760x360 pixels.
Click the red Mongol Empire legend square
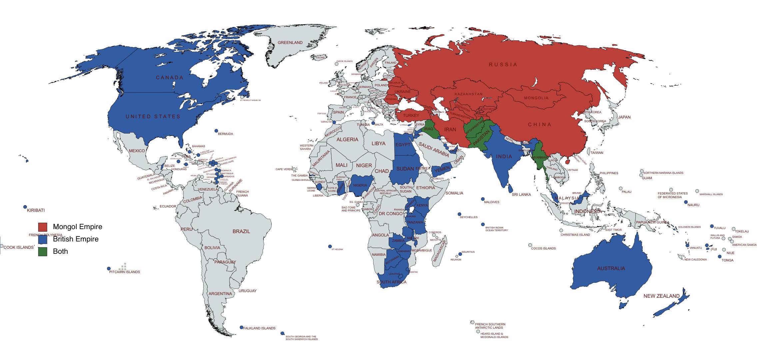[x=43, y=227]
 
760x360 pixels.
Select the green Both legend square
[x=43, y=251]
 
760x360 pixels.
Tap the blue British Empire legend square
[x=43, y=239]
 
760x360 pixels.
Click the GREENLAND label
[x=290, y=43]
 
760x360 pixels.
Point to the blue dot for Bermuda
[x=216, y=131]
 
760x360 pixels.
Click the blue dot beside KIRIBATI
[x=25, y=207]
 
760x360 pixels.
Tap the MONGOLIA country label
[x=536, y=98]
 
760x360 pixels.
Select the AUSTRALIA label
[x=611, y=268]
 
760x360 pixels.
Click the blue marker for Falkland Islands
[x=242, y=327]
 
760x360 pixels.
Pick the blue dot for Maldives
[x=482, y=199]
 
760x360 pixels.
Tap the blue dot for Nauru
[x=686, y=202]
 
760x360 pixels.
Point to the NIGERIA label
[x=360, y=185]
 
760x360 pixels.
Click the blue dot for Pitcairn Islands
[x=109, y=268]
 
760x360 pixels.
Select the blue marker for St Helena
[x=330, y=246]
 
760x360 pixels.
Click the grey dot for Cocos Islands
[x=530, y=245]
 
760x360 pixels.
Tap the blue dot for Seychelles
[x=459, y=214]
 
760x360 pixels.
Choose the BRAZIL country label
[x=241, y=231]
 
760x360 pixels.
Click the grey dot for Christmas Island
[x=561, y=230]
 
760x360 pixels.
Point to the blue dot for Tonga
[x=720, y=256]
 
